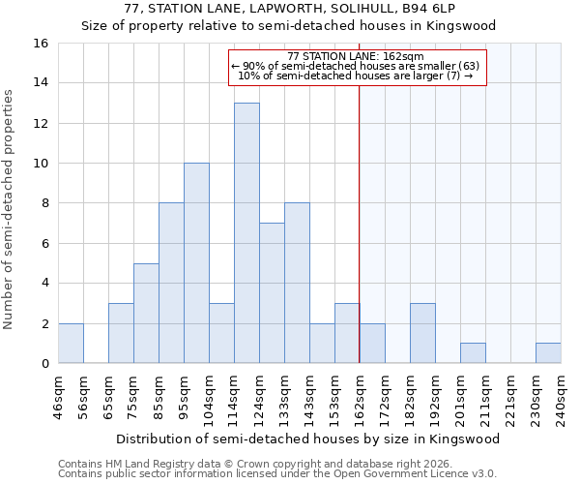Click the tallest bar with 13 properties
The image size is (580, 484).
pos(246,233)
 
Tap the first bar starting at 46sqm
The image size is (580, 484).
pos(71,344)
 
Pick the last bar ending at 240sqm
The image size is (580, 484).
pos(548,353)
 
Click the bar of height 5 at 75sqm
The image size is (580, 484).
pos(146,314)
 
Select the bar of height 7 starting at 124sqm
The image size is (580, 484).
pos(272,293)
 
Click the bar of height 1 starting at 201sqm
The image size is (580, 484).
pos(473,353)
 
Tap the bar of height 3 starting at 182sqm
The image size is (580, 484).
pos(422,334)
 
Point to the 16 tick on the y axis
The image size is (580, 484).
pos(41,44)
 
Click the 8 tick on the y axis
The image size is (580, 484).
pos(44,203)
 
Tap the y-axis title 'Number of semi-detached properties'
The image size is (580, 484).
pos(9,208)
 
